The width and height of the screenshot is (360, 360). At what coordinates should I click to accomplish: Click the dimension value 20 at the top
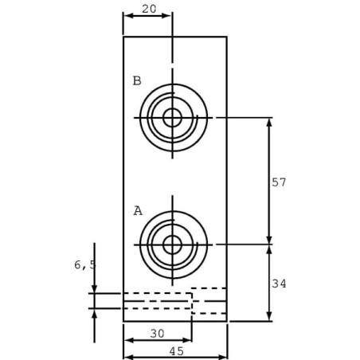tap(149, 10)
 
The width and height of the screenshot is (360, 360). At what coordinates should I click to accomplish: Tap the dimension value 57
tap(279, 182)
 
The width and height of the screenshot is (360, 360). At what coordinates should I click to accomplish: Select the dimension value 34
tap(279, 284)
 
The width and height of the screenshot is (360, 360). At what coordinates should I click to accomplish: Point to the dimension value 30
tap(158, 334)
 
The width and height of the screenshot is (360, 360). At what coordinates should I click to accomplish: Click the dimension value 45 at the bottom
tap(177, 351)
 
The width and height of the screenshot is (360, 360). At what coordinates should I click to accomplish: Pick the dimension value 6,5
tap(84, 265)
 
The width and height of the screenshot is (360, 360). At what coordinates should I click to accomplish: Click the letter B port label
tap(137, 80)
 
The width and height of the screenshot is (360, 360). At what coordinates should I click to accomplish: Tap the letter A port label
tap(138, 211)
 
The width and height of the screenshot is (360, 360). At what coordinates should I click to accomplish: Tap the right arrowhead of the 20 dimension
tap(166, 16)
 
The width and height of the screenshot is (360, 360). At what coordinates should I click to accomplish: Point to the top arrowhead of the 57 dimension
tap(269, 123)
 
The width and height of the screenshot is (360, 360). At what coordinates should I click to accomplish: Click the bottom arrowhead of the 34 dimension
tap(269, 316)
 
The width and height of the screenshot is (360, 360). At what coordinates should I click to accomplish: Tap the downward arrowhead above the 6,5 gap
tap(94, 288)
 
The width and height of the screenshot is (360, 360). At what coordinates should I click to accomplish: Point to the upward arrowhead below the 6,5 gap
tap(94, 314)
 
